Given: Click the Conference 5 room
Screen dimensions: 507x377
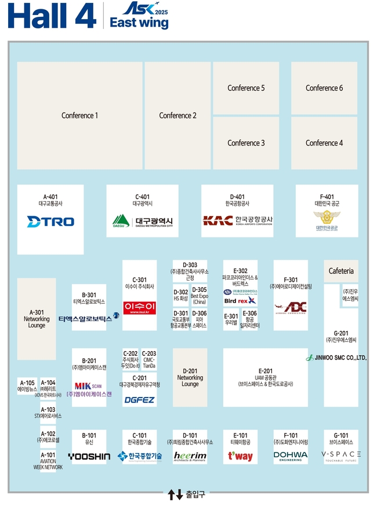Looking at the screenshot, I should click(x=246, y=88).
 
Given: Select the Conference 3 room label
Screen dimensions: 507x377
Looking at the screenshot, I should click(x=246, y=143).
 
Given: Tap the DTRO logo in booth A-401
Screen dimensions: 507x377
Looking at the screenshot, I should click(x=50, y=221).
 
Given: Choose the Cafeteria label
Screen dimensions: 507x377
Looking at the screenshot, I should click(x=341, y=271).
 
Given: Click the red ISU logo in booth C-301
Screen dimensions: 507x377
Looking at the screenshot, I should click(x=139, y=307).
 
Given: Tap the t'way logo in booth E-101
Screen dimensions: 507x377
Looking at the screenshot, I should click(x=240, y=457).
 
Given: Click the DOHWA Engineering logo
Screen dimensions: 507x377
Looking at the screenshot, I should click(x=291, y=456).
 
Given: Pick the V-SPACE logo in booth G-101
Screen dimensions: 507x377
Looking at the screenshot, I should click(x=341, y=455).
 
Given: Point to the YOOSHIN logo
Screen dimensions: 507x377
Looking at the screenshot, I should click(x=89, y=457).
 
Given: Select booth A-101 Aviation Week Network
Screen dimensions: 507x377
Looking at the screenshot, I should click(x=48, y=461).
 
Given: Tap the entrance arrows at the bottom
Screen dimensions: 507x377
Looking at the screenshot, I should click(x=175, y=495).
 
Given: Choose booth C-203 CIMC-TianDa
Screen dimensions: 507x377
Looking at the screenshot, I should click(x=149, y=359).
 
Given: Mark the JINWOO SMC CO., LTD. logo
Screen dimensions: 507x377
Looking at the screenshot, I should click(x=336, y=358).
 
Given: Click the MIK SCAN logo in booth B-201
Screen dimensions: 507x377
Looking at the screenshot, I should click(x=89, y=386).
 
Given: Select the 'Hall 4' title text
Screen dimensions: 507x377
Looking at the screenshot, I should click(x=53, y=16).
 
